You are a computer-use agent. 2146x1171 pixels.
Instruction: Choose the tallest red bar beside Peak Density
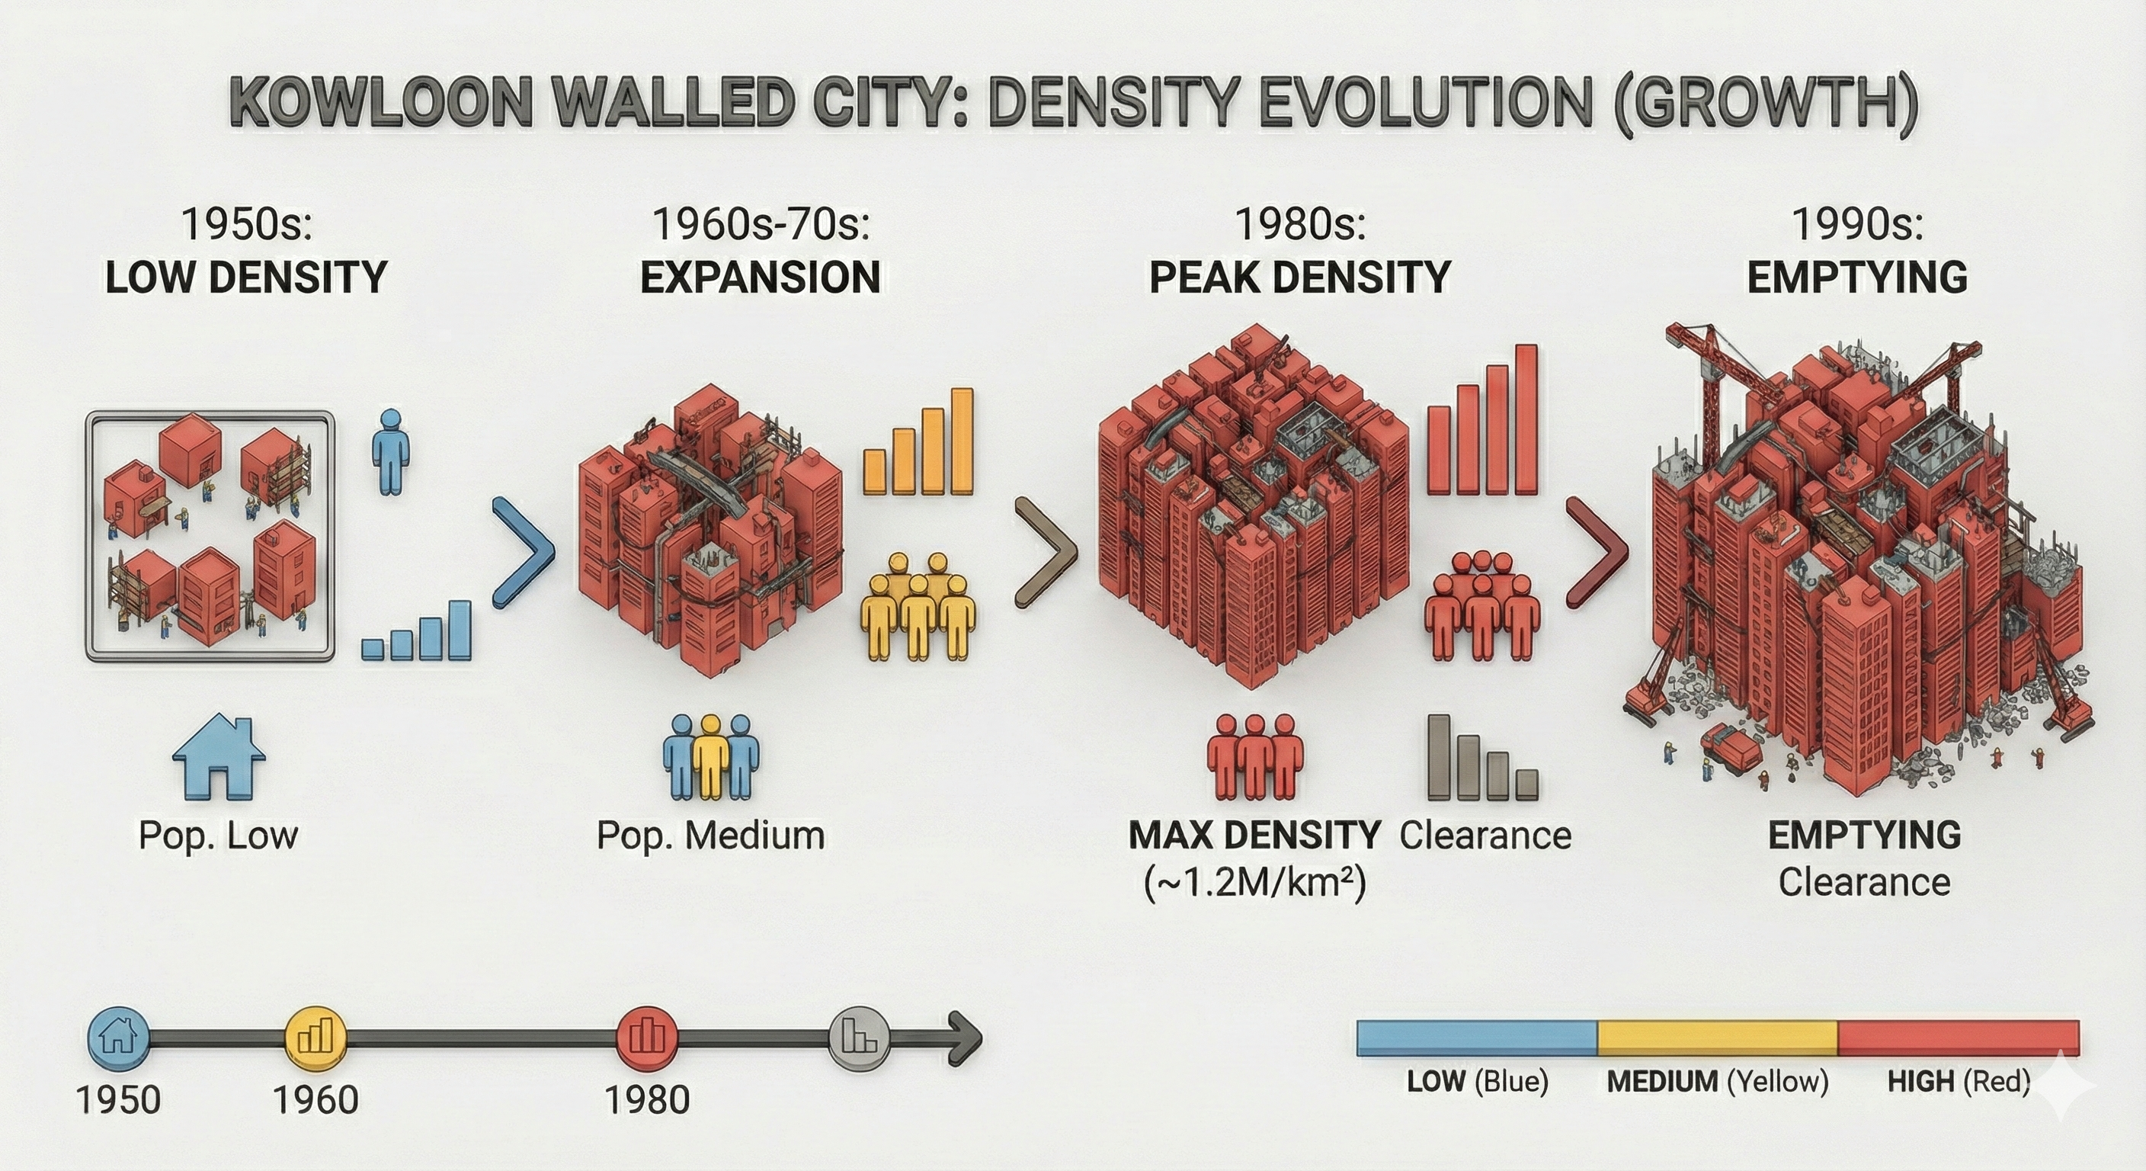click(1526, 419)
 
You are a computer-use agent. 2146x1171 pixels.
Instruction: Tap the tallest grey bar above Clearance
click(1439, 757)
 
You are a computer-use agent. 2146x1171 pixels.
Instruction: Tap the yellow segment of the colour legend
click(1717, 1037)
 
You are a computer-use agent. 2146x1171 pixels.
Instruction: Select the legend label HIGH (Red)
click(1959, 1082)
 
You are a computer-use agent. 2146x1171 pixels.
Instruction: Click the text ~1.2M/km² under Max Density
click(1255, 883)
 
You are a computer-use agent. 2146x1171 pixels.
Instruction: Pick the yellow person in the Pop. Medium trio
click(710, 757)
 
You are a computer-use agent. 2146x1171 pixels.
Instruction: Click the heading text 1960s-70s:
click(761, 223)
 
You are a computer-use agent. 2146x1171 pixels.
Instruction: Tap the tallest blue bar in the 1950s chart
click(459, 630)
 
